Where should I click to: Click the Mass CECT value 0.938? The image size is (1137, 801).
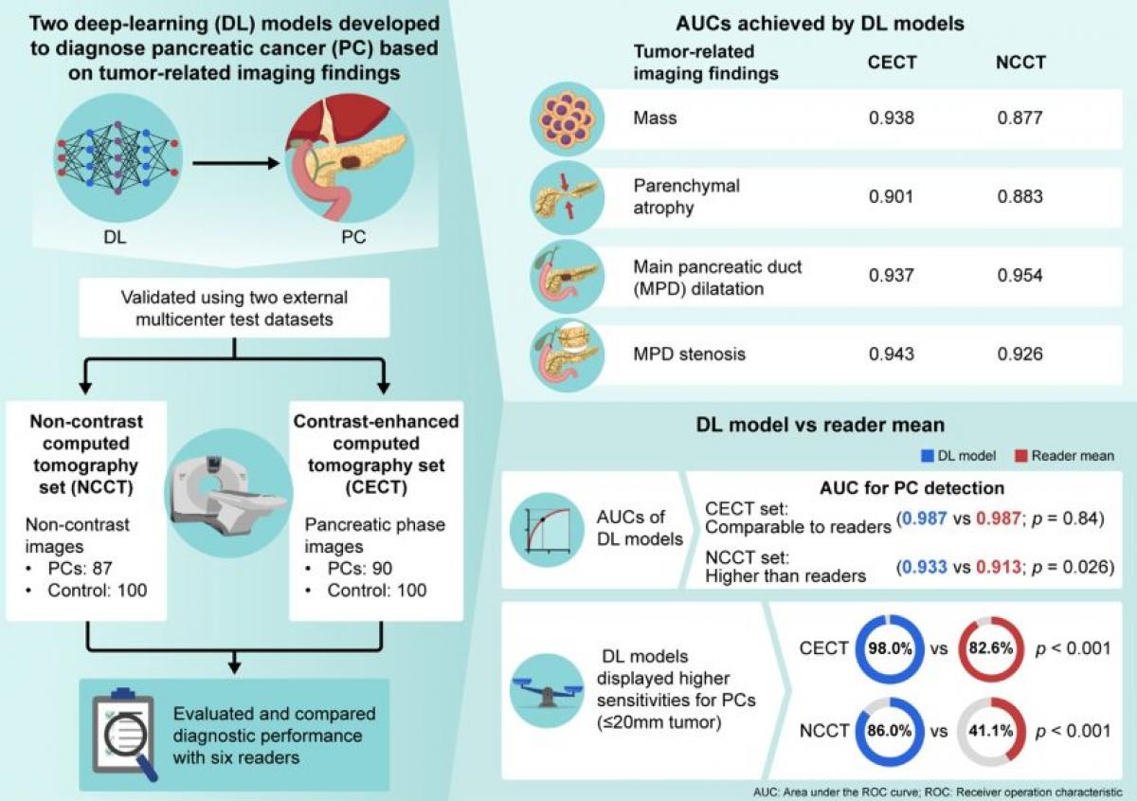pyautogui.click(x=892, y=118)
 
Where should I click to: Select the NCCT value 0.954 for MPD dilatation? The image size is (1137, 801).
pyautogui.click(x=1020, y=275)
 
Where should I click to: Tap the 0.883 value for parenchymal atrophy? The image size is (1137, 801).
pyautogui.click(x=1020, y=196)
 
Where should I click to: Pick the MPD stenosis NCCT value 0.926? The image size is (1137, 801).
pyautogui.click(x=1020, y=354)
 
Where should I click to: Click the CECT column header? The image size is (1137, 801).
pyautogui.click(x=892, y=63)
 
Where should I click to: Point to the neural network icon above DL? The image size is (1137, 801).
pyautogui.click(x=117, y=158)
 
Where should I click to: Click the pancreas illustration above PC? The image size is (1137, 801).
pyautogui.click(x=350, y=158)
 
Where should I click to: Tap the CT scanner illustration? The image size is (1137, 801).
pyautogui.click(x=228, y=493)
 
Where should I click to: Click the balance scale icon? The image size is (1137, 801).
pyautogui.click(x=547, y=691)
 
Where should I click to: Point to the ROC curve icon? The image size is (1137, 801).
pyautogui.click(x=547, y=530)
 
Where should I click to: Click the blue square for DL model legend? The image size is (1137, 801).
pyautogui.click(x=928, y=456)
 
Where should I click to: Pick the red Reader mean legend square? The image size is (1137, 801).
pyautogui.click(x=1020, y=456)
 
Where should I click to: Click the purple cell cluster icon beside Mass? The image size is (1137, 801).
pyautogui.click(x=567, y=118)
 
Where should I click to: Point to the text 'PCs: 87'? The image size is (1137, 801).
pyautogui.click(x=80, y=568)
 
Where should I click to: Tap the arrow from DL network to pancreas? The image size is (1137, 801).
pyautogui.click(x=236, y=163)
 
